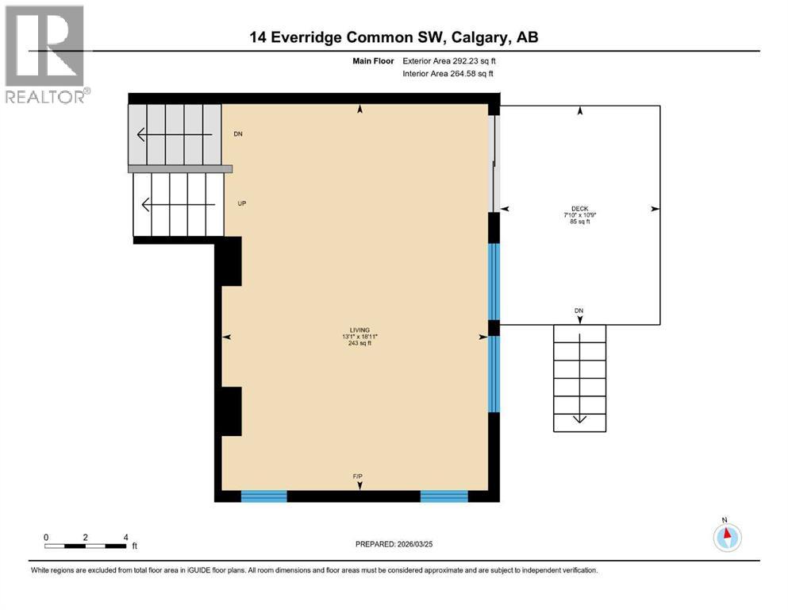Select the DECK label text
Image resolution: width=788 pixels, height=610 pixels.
(x=580, y=209)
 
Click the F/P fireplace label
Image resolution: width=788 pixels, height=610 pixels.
(x=358, y=476)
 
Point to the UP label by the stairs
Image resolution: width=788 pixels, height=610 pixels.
(x=242, y=203)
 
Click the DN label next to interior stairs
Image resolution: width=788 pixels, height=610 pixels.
(x=238, y=134)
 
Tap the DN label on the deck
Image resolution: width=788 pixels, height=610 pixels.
(x=579, y=311)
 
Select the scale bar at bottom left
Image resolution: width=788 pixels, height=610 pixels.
(x=86, y=546)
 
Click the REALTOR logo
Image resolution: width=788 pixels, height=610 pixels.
(x=45, y=54)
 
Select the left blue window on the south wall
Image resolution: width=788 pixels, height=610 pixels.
(x=263, y=496)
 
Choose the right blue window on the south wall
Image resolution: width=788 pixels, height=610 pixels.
(x=444, y=496)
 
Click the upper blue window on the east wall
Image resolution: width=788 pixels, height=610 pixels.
(x=494, y=281)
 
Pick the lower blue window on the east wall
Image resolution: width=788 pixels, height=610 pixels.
(x=494, y=374)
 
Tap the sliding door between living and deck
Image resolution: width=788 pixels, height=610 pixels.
(x=494, y=164)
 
